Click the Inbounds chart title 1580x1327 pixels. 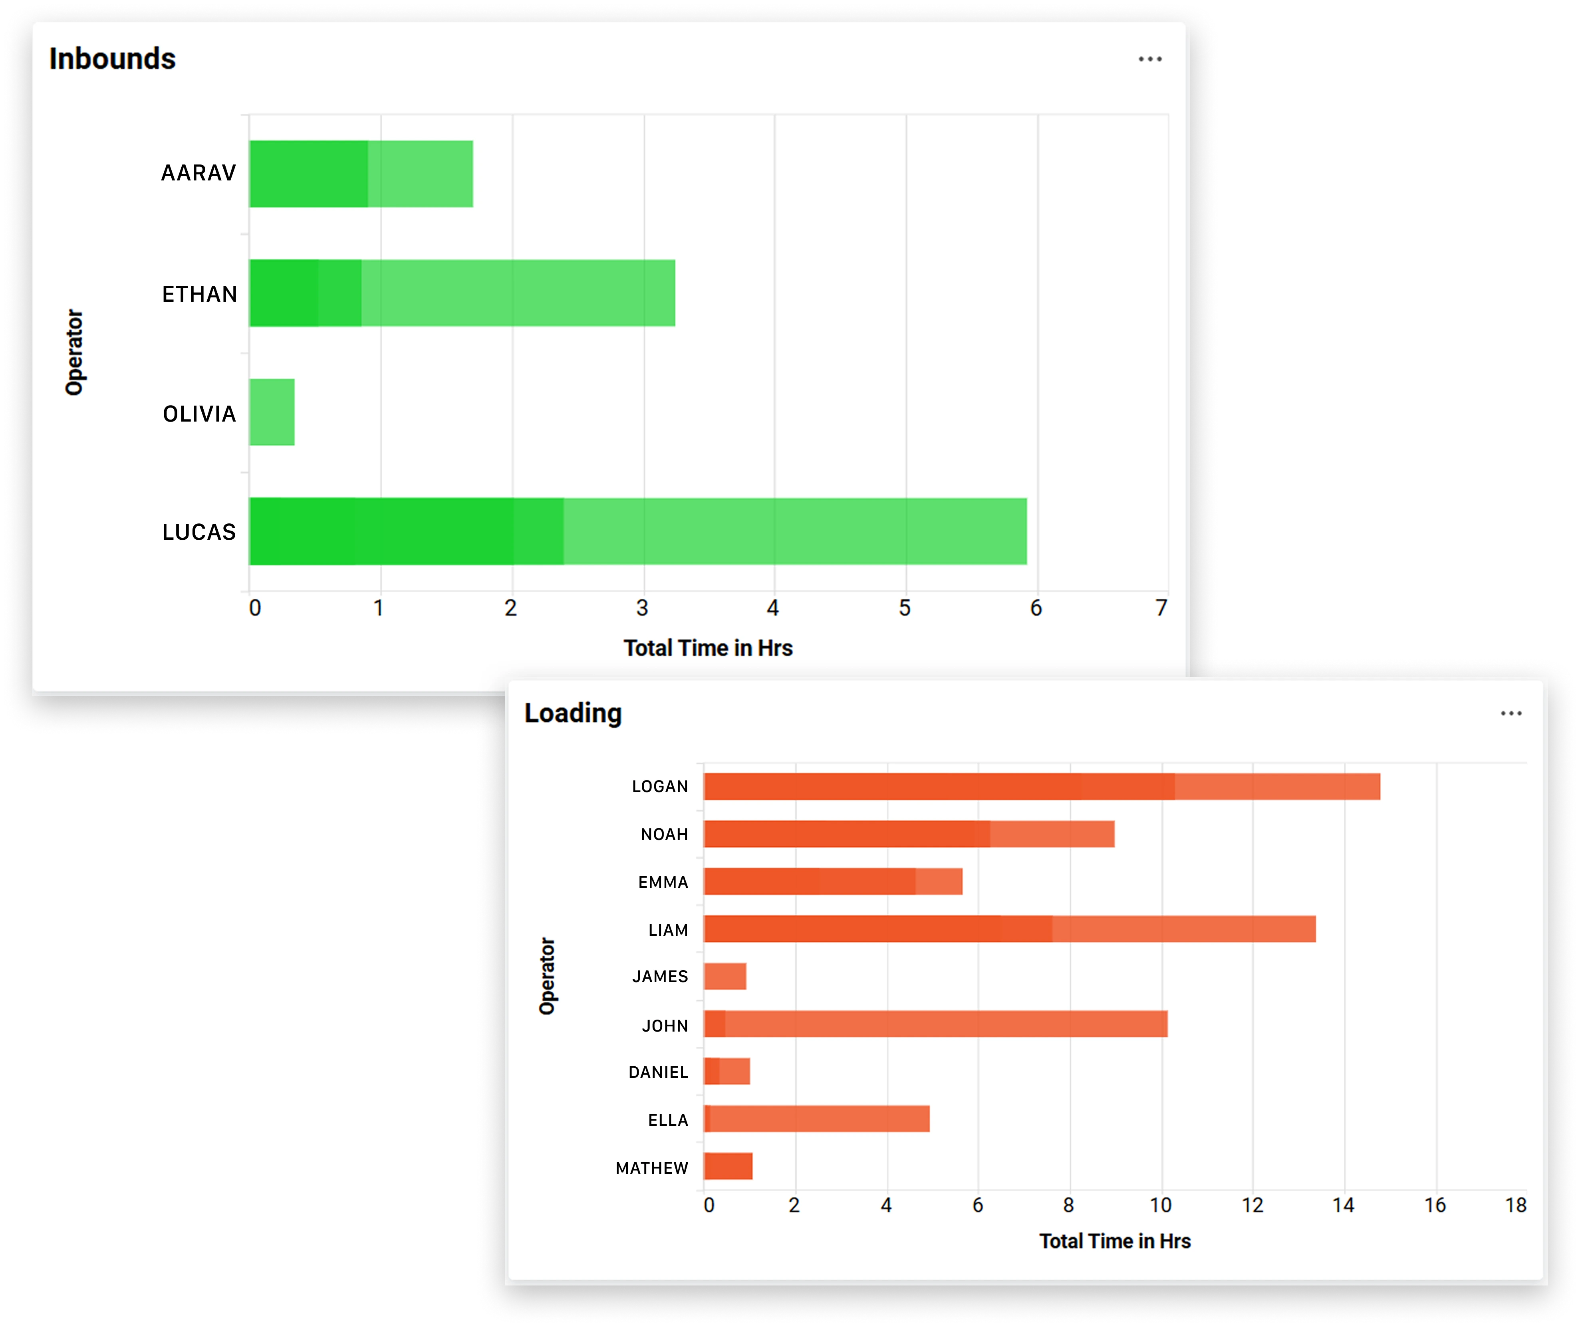click(112, 59)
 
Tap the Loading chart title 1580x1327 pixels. click(573, 713)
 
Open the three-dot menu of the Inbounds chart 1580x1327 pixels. click(1149, 59)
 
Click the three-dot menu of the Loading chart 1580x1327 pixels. click(1511, 713)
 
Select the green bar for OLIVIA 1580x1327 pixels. click(272, 412)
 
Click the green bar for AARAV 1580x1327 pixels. click(361, 174)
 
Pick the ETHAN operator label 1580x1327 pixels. click(199, 294)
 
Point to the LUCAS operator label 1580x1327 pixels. click(199, 532)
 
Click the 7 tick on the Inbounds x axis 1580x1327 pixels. click(1161, 608)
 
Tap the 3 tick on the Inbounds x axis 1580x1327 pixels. click(642, 608)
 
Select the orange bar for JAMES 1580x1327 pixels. click(725, 976)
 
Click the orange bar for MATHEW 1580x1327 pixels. click(728, 1166)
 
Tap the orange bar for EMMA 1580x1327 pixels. click(832, 881)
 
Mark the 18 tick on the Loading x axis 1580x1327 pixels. click(1515, 1205)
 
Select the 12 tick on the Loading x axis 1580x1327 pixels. click(1252, 1205)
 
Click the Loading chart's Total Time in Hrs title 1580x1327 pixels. click(1115, 1241)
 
